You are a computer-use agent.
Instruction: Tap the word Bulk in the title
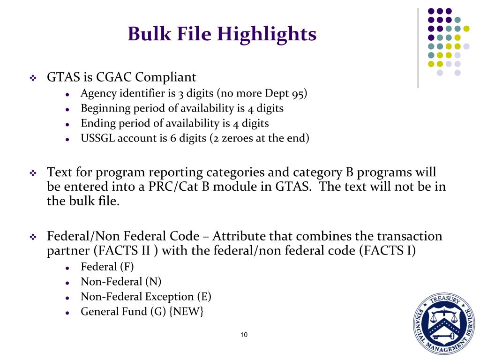click(x=146, y=34)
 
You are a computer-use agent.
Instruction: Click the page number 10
click(x=244, y=335)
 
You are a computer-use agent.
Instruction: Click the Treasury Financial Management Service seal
click(x=444, y=323)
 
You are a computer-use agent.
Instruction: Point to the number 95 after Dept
click(x=299, y=93)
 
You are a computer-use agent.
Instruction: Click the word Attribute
click(x=240, y=236)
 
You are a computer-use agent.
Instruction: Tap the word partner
click(x=68, y=251)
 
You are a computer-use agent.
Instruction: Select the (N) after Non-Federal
click(x=153, y=282)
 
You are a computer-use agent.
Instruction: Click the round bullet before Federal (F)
click(x=68, y=268)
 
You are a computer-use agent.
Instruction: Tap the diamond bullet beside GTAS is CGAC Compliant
click(x=33, y=78)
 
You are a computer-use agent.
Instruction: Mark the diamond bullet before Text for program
click(x=33, y=173)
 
